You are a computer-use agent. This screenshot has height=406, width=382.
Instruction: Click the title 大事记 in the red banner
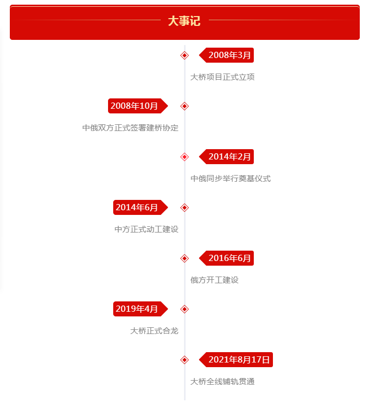184,21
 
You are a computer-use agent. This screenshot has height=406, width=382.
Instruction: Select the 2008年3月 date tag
226,55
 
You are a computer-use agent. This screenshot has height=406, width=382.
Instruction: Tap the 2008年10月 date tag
138,106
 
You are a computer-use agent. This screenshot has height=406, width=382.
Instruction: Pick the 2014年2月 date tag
226,156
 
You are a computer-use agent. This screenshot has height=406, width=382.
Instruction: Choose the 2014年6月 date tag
141,207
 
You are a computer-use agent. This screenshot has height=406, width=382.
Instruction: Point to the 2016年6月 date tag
226,258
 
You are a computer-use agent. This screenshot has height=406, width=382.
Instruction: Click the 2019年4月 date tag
141,309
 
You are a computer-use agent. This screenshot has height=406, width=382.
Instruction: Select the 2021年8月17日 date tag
236,359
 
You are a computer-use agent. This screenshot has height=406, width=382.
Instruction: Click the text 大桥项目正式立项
222,77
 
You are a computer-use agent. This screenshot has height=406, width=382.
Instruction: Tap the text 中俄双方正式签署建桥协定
130,127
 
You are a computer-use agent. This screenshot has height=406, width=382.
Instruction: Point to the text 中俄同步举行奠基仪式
231,178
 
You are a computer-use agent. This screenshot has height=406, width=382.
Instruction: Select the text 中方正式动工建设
147,229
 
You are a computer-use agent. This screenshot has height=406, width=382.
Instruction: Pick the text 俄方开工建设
215,280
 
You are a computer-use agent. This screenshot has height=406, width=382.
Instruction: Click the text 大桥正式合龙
155,330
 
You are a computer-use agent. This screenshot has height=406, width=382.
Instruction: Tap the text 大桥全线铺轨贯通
222,381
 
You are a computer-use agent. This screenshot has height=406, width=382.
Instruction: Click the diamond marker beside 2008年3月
185,55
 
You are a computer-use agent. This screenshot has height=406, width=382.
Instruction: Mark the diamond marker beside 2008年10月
185,106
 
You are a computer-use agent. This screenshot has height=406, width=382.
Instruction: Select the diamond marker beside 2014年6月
185,208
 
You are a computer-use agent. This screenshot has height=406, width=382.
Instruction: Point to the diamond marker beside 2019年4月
185,309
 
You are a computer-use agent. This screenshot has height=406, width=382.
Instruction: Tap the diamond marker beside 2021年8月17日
185,360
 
